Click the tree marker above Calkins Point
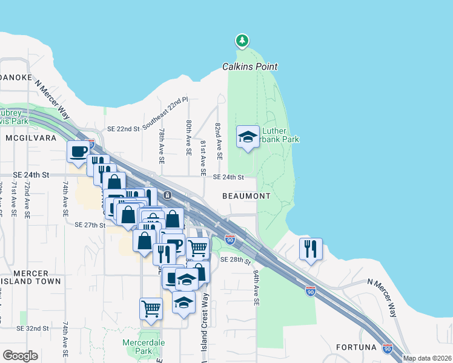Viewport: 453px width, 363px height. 242,41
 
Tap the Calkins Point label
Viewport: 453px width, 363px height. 250,67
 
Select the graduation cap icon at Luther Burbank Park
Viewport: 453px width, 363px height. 248,137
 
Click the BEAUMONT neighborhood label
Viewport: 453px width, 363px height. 246,196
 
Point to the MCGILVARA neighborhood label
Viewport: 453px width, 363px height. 30,138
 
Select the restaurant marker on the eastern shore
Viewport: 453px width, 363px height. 311,249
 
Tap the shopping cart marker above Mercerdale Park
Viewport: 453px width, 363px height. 151,308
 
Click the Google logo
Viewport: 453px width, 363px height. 20,356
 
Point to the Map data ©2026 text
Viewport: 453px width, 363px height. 427,358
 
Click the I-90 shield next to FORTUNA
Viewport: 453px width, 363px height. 388,348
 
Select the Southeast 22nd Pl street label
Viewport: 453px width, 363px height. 166,113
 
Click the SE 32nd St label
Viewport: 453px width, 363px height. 33,328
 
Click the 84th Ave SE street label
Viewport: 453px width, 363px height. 256,287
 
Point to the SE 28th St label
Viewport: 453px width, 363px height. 236,260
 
